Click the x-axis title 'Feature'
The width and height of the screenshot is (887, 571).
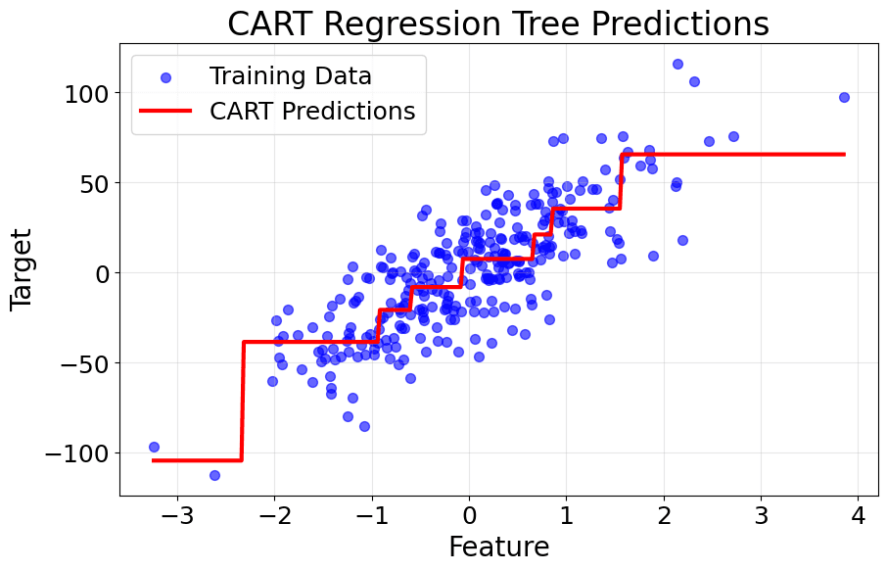pyautogui.click(x=498, y=547)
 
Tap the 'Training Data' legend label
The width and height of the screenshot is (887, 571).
pyautogui.click(x=290, y=75)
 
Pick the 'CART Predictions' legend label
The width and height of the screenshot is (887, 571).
pyautogui.click(x=312, y=111)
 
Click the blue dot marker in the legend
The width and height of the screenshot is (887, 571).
pyautogui.click(x=165, y=76)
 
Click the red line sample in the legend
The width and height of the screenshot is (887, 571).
pyautogui.click(x=165, y=112)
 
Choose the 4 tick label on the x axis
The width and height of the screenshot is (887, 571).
pyautogui.click(x=858, y=516)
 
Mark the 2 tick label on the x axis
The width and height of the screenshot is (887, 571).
pyautogui.click(x=664, y=516)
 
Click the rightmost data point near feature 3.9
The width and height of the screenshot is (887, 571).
pyautogui.click(x=844, y=97)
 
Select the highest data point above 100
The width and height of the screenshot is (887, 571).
pyautogui.click(x=677, y=64)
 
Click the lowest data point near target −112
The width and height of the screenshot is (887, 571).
pyautogui.click(x=214, y=475)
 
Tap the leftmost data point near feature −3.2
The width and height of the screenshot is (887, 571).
pyautogui.click(x=154, y=447)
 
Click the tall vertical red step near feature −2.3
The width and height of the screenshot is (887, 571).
pyautogui.click(x=242, y=402)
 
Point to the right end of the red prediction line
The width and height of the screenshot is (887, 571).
pyautogui.click(x=843, y=154)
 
